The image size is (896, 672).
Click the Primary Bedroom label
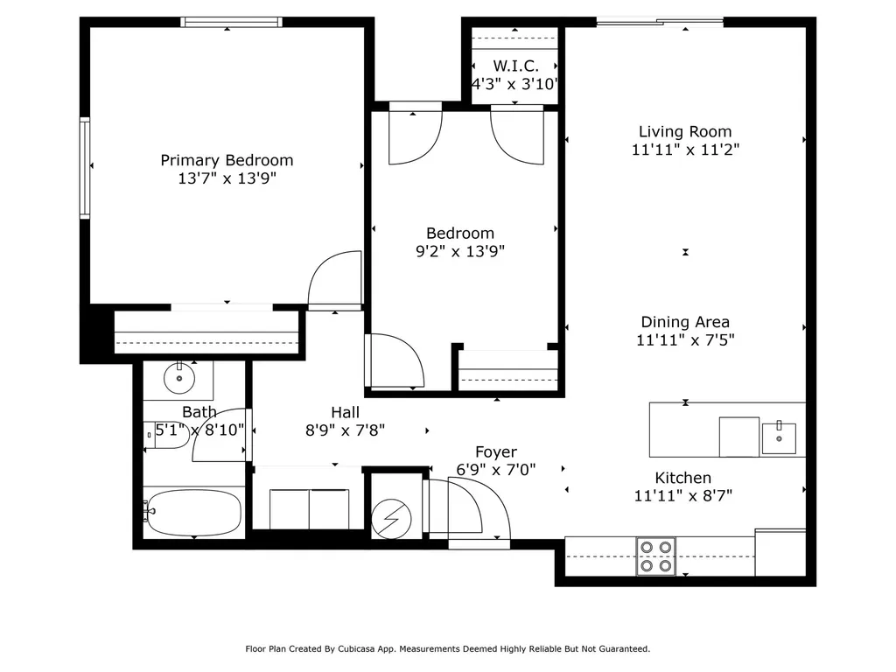227,160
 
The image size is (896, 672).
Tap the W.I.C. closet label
515,66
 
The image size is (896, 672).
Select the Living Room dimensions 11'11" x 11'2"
685,150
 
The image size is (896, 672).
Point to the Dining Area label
685,322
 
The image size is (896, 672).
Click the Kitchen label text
683,478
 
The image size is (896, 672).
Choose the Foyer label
495,451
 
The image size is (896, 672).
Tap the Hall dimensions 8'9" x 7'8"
345,430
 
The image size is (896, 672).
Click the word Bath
199,412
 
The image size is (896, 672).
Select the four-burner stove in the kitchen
655,556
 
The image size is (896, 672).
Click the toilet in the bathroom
166,435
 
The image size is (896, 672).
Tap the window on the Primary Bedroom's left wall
85,166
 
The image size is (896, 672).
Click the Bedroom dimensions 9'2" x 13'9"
460,251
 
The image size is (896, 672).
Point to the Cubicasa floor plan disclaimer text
447,649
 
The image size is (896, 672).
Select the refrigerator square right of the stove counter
780,552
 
